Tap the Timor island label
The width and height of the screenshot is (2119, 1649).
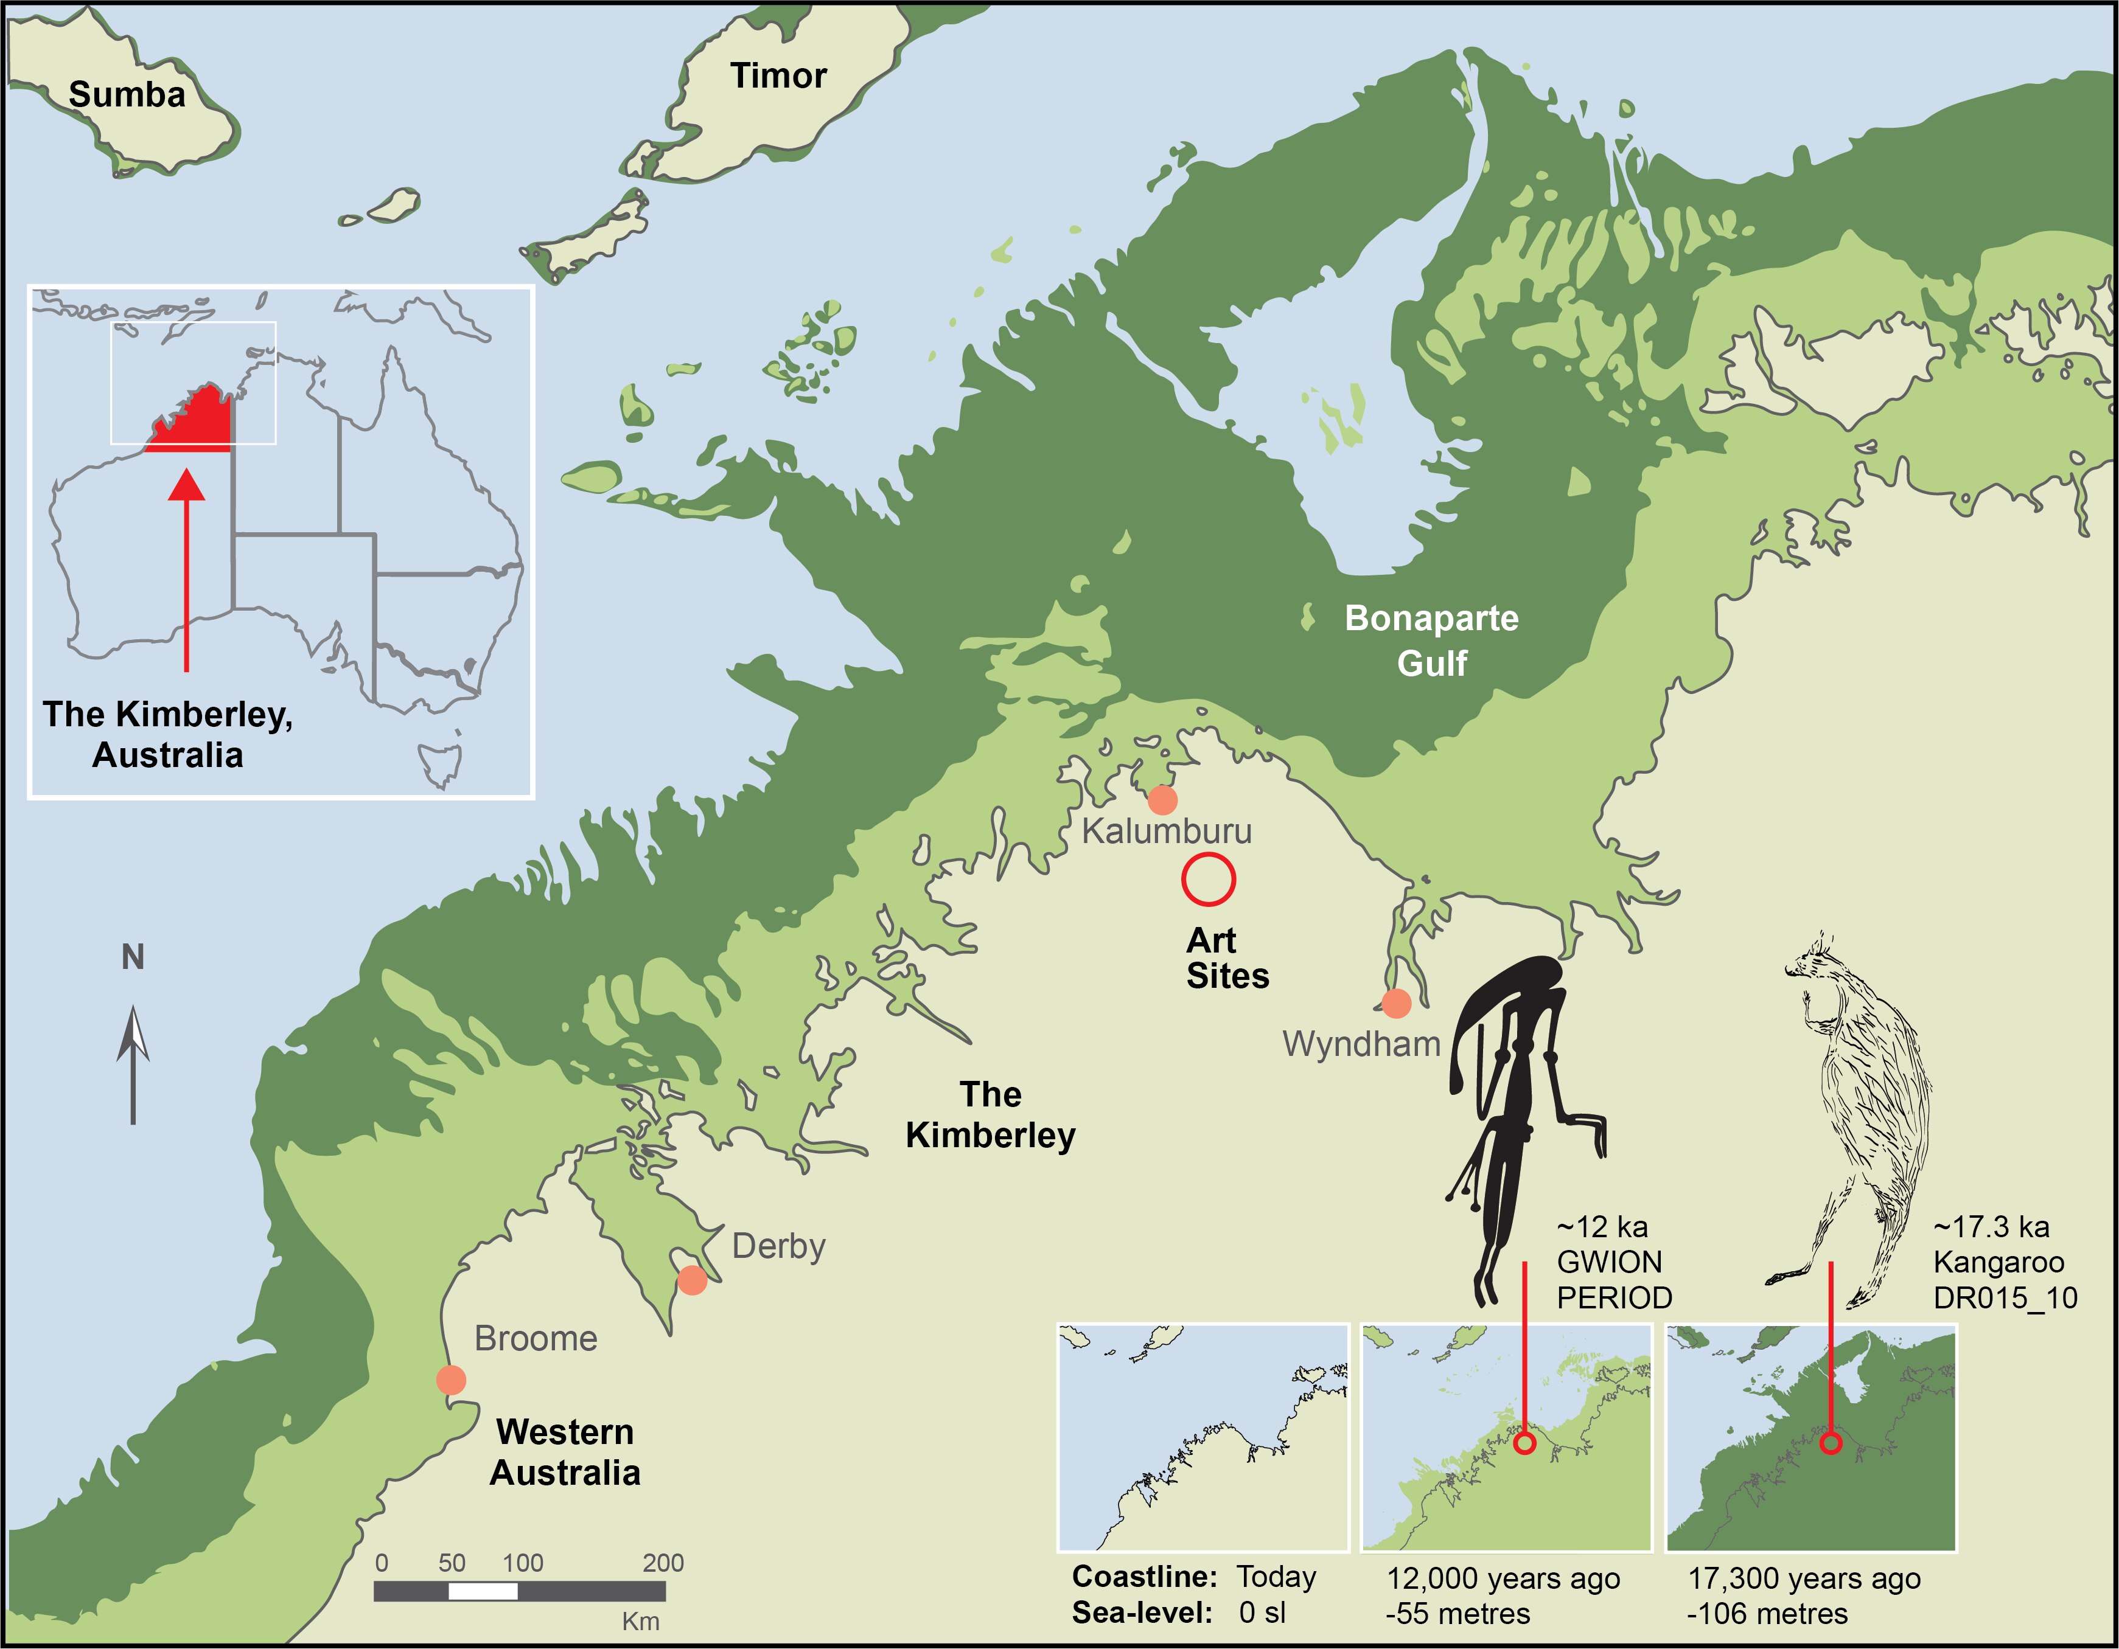(778, 75)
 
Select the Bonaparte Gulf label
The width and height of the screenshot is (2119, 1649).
(1431, 641)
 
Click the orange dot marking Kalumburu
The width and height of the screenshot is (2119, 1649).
(1162, 800)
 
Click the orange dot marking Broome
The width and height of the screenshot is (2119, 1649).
(451, 1380)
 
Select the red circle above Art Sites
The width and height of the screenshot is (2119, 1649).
(1208, 880)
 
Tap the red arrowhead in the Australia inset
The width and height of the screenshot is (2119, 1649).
(186, 485)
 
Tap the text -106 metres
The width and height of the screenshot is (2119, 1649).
(1768, 1613)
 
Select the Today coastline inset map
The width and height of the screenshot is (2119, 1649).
(1203, 1437)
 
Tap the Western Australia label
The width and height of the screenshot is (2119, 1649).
(565, 1451)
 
